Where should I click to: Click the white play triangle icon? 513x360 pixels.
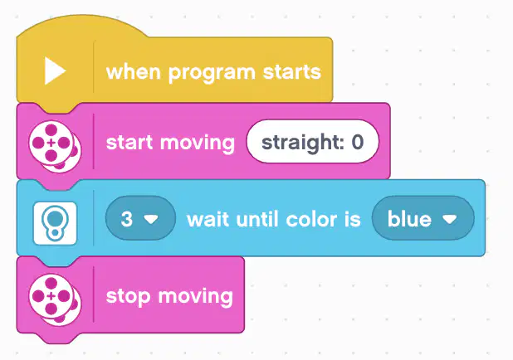[x=54, y=71]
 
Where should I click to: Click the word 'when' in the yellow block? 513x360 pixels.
[x=134, y=71]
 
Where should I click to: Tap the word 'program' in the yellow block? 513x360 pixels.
[x=212, y=73]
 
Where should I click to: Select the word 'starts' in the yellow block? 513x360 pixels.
[x=292, y=72]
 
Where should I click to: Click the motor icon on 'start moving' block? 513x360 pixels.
[x=55, y=147]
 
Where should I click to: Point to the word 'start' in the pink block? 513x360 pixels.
[x=129, y=143]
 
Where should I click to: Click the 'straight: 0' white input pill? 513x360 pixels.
[x=312, y=142]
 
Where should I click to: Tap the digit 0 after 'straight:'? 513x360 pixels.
[x=357, y=142]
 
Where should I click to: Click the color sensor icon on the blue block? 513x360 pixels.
[x=55, y=223]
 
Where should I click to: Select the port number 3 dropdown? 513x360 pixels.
[x=140, y=218]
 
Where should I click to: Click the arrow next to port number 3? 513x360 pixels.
[x=151, y=219]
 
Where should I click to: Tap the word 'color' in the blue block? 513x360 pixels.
[x=312, y=219]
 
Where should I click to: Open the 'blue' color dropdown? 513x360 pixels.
[x=423, y=218]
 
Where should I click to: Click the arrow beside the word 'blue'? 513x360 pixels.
[x=450, y=219]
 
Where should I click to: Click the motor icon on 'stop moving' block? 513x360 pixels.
[x=55, y=299]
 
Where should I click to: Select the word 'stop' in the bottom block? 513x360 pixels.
[x=128, y=297]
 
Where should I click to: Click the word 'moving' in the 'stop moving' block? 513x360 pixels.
[x=196, y=297]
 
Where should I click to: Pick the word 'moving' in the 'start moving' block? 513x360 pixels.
[x=198, y=144]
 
